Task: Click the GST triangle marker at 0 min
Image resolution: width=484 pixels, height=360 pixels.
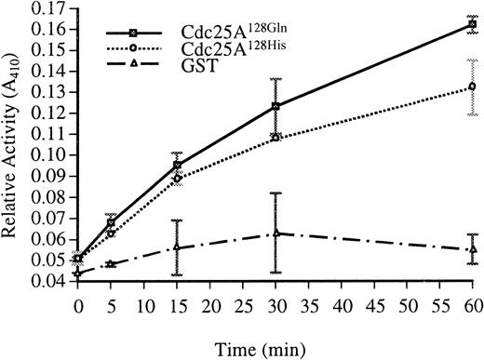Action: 77,273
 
